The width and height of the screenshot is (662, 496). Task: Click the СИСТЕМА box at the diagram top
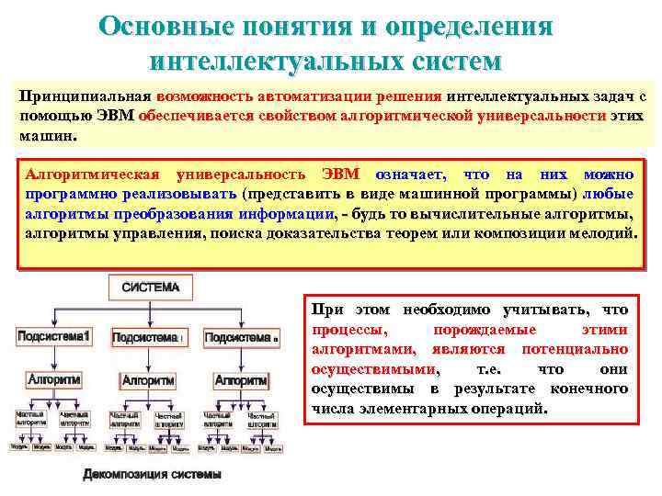coord(151,287)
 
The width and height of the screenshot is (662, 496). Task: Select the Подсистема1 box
coord(52,337)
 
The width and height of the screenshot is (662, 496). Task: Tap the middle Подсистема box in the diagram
coord(147,338)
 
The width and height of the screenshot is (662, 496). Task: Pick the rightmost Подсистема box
coord(241,338)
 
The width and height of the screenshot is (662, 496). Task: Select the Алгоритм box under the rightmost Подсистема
coord(241,379)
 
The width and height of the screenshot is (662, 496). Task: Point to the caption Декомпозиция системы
coord(153,475)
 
